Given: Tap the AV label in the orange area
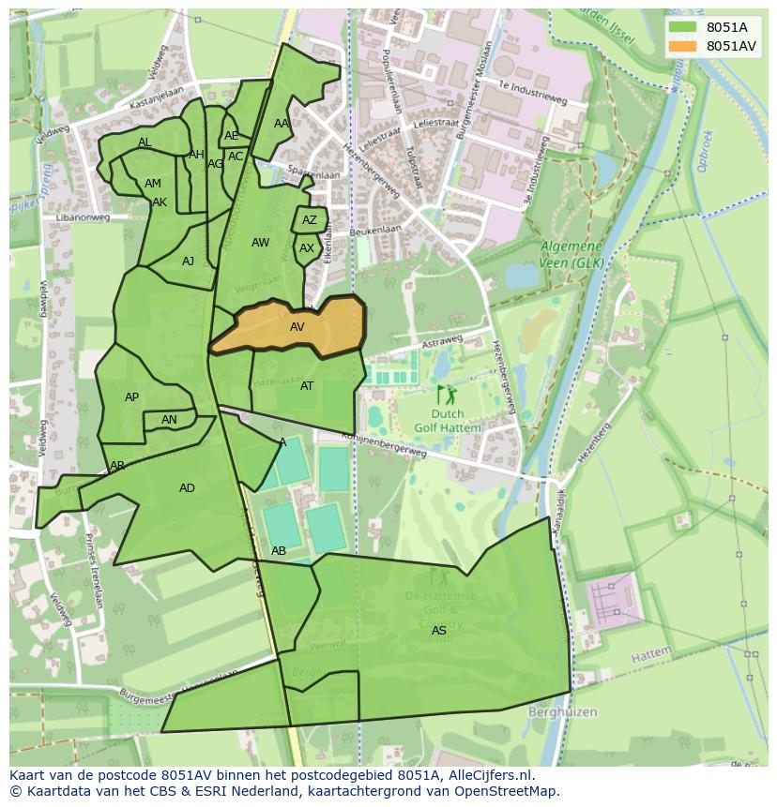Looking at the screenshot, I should (x=297, y=327).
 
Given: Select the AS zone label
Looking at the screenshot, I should (x=438, y=631).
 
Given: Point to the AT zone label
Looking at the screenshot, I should (x=307, y=386).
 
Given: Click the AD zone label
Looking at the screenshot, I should (x=187, y=488).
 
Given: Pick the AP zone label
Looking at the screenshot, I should (x=131, y=397).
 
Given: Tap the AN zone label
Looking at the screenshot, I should (x=169, y=420).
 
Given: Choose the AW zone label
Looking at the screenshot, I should (x=260, y=243).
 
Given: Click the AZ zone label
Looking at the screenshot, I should (x=309, y=221).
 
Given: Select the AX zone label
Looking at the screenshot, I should (x=307, y=249).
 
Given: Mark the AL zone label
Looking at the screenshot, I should (x=145, y=143).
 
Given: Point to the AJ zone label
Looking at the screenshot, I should (x=188, y=262).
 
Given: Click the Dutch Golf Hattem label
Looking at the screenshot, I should (x=447, y=421).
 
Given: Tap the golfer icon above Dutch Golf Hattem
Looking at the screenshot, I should (x=445, y=395).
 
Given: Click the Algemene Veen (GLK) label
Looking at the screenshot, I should (x=571, y=254).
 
